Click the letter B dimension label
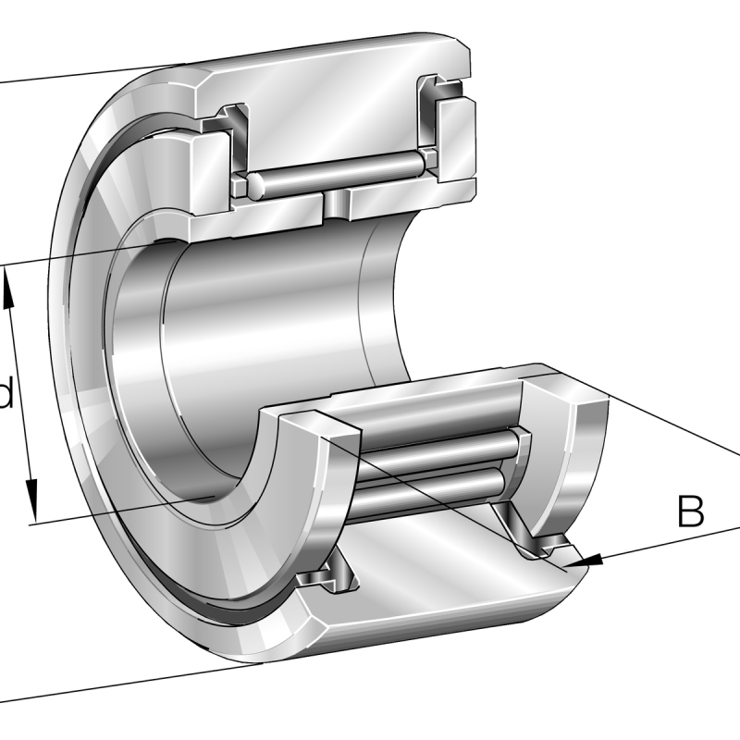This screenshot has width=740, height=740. click(690, 511)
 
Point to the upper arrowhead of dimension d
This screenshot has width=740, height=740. click(8, 288)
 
